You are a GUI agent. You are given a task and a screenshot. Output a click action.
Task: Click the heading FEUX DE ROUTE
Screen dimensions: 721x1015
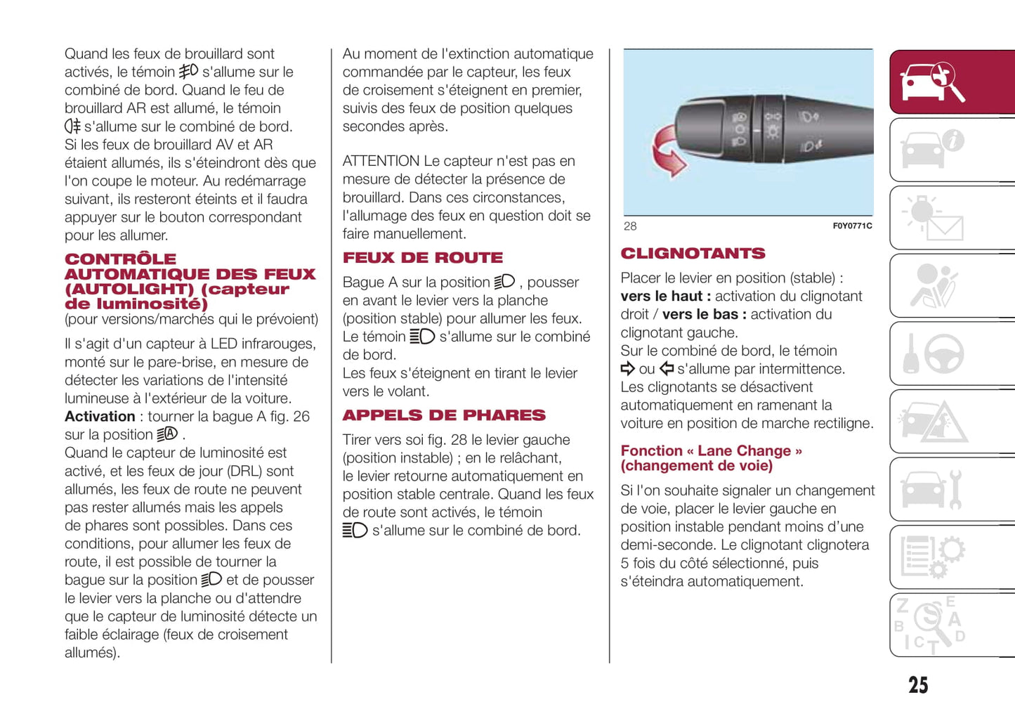point(423,258)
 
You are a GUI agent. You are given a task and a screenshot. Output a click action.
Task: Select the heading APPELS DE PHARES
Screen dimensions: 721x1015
point(444,415)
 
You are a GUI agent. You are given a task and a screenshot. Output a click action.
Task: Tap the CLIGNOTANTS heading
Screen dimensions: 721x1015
point(693,254)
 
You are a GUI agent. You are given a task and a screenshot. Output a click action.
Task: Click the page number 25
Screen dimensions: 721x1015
point(917,685)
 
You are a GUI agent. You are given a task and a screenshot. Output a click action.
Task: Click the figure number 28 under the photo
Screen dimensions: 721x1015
point(630,226)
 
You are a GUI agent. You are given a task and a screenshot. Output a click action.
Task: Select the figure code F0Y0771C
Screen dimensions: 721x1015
point(852,226)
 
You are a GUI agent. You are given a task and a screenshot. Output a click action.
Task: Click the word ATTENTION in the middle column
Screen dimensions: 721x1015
point(381,161)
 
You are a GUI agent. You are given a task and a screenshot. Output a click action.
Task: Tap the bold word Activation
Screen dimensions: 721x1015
point(100,417)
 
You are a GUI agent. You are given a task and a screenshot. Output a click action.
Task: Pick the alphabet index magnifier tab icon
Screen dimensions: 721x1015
point(933,625)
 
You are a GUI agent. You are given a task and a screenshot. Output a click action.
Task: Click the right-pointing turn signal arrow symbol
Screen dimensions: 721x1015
point(628,369)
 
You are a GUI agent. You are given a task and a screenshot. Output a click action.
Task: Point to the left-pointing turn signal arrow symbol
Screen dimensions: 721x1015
point(667,369)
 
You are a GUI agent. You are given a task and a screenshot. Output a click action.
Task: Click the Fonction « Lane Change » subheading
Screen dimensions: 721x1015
point(711,458)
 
